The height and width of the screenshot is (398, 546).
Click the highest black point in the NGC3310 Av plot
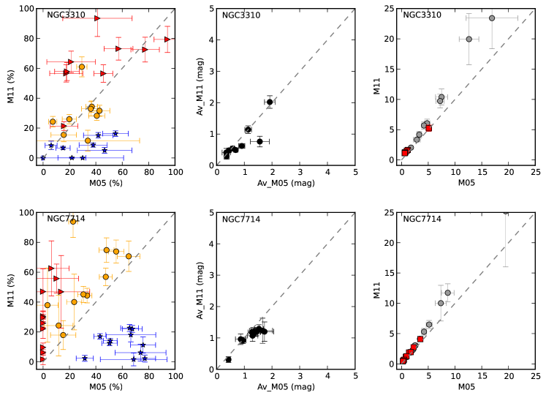[x=270, y=102]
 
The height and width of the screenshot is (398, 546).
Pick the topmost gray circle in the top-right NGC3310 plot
[x=492, y=18]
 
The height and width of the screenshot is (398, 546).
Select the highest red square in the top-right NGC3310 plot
[x=429, y=128]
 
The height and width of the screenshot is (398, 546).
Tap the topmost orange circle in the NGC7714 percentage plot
[x=73, y=222]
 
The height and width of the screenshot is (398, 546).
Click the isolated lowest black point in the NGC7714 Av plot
[x=228, y=359]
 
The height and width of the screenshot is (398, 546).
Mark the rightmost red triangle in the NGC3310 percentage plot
[x=167, y=40]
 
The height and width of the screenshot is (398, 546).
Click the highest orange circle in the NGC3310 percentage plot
[x=81, y=67]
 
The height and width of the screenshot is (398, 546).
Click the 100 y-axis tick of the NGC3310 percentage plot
[x=27, y=9]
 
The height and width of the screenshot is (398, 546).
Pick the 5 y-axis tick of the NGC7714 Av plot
[x=210, y=213]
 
